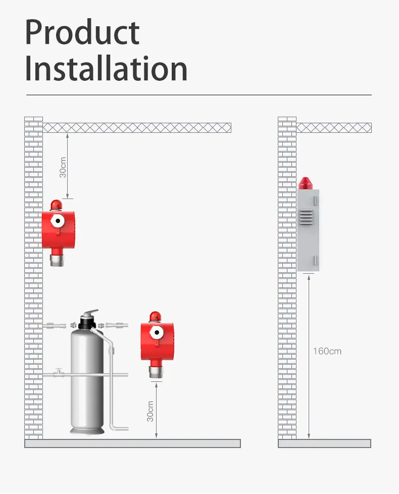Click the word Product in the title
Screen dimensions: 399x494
point(82,32)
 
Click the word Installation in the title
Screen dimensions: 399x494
point(106,68)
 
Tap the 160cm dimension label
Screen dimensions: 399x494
point(327,351)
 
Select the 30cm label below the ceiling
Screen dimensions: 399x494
point(63,167)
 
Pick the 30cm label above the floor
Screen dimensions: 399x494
point(150,411)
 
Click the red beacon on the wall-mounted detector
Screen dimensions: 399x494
point(56,205)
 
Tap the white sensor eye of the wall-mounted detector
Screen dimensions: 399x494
point(58,221)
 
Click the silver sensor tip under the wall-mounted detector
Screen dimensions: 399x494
point(57,260)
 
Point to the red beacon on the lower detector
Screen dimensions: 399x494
point(155,317)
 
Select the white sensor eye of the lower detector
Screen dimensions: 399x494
point(157,332)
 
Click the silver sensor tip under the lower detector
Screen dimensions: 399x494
point(156,372)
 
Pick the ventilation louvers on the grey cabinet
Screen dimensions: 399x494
point(306,217)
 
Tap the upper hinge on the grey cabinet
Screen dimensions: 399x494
point(315,201)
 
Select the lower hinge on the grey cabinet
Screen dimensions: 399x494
point(315,261)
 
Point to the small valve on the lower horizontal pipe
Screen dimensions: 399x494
point(58,372)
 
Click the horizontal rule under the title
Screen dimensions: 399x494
point(199,94)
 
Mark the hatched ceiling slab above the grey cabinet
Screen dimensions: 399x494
point(334,128)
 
